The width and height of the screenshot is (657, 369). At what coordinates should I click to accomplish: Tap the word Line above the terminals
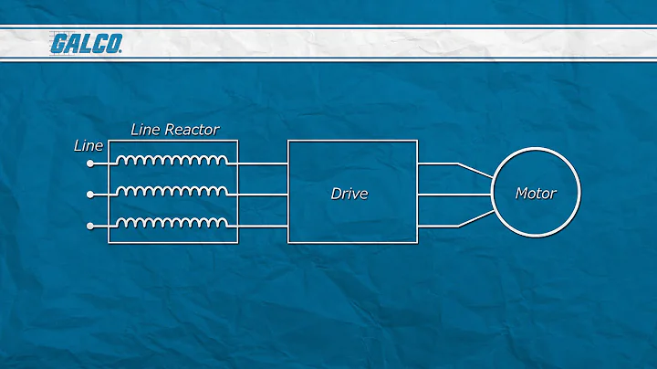coord(88,145)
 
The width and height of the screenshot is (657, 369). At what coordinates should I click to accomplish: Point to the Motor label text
coord(535,194)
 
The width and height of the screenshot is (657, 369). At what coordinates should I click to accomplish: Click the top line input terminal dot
coord(89,164)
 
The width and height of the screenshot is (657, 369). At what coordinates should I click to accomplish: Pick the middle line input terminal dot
coord(89,195)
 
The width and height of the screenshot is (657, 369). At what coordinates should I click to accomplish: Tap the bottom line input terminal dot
coord(89,225)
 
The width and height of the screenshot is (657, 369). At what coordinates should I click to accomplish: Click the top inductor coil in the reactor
coord(172,162)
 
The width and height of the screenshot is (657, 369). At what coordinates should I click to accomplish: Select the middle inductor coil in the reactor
coord(172,192)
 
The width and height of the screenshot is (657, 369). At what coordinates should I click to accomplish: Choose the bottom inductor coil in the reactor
coord(172,222)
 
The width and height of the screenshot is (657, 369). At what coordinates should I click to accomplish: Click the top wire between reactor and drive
coord(263,164)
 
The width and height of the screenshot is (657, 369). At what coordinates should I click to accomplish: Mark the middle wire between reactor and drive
coord(263,195)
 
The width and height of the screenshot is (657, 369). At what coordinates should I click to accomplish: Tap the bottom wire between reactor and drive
coord(263,225)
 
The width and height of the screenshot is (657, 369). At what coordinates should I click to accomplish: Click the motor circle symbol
coord(536,164)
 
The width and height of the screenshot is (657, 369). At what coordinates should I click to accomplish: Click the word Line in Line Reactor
coord(146,130)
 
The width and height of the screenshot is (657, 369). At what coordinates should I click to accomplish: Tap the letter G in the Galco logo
coord(58,44)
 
